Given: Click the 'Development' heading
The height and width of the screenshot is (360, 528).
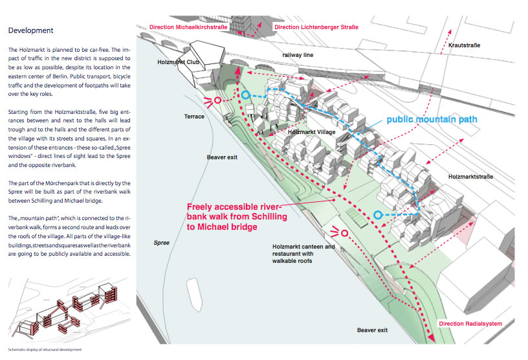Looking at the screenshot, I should (30, 30).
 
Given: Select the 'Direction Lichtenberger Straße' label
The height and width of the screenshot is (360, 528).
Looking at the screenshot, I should (316, 27).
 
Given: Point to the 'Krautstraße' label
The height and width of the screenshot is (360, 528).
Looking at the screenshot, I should (466, 45).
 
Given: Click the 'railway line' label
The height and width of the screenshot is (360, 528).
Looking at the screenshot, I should (298, 56).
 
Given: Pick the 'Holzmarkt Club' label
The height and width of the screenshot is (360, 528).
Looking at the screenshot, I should (174, 62).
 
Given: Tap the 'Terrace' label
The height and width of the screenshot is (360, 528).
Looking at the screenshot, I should (193, 117).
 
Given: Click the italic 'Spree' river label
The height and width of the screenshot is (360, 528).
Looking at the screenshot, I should (161, 243).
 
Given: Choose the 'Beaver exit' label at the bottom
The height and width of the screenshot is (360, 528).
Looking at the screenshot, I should (373, 330).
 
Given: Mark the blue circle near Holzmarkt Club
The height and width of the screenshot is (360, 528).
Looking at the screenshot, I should (246, 95).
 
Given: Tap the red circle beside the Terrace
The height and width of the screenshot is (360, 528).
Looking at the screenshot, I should (218, 100).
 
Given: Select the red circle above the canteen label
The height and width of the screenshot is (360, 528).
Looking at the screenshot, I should (344, 233).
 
